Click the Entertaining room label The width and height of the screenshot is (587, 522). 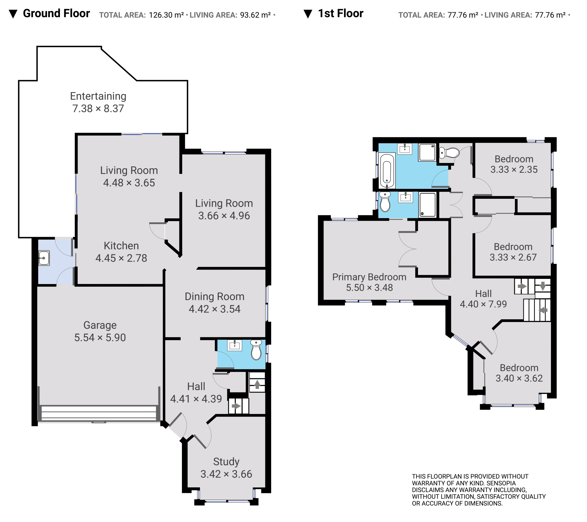coord(98,96)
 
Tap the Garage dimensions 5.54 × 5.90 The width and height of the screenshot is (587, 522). coord(100,338)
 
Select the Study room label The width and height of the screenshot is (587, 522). coord(226,462)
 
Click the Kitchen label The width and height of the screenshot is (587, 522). coord(121,246)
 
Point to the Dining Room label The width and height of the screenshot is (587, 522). coord(214,297)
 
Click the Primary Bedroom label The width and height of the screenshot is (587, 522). coord(369,277)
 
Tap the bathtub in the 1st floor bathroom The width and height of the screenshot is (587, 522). coord(387,170)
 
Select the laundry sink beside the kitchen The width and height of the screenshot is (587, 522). coord(44,258)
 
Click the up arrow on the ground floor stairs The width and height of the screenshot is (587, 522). coord(257,384)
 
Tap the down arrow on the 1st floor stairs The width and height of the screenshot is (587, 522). coord(543,286)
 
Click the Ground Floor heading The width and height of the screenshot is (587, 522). coord(56,13)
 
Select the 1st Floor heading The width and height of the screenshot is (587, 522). coord(341,13)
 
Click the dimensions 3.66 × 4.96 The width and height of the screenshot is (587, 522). coord(224,216)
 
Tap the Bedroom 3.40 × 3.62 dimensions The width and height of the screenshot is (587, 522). coord(519,378)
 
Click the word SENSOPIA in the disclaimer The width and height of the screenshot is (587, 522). coord(501,483)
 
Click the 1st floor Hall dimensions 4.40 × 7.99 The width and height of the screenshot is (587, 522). coord(483,304)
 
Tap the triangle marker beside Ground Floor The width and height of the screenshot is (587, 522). coord(13,14)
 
